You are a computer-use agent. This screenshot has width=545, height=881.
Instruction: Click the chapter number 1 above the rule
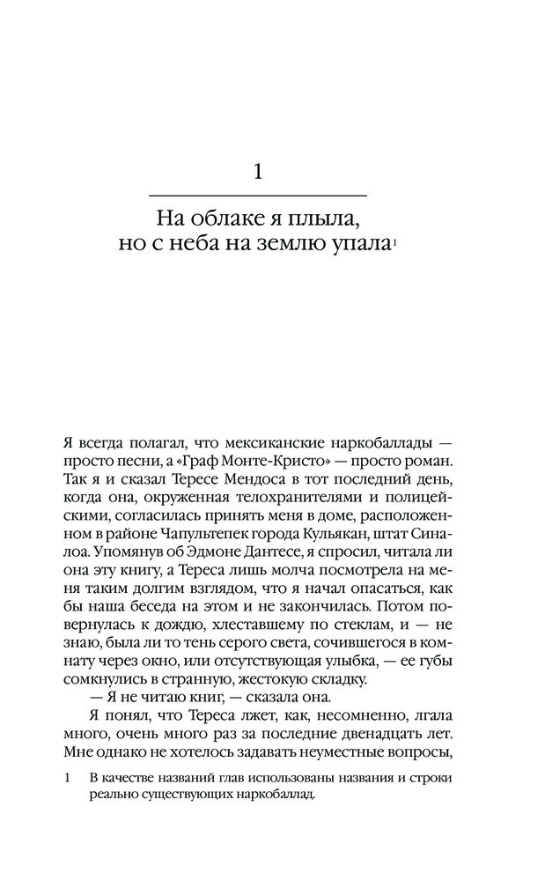coord(257,170)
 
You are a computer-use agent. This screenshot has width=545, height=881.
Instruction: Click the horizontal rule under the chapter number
coord(257,195)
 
